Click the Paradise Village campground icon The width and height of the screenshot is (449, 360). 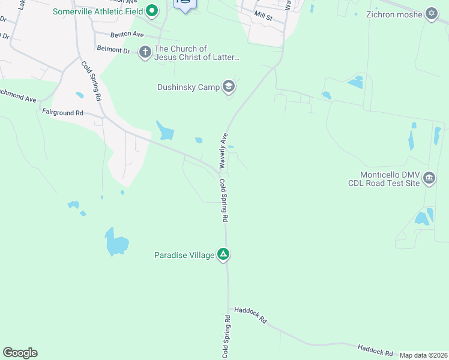(x=223, y=254)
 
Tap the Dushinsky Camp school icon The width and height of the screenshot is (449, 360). (x=228, y=87)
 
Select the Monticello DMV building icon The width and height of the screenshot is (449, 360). (x=429, y=177)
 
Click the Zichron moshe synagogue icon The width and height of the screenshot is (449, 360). (x=431, y=14)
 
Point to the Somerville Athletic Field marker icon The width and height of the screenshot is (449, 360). (x=152, y=10)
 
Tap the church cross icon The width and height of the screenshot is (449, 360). (x=145, y=52)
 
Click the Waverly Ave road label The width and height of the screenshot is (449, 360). (x=223, y=150)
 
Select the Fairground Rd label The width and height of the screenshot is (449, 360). (x=62, y=112)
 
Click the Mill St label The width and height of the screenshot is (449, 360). (x=264, y=16)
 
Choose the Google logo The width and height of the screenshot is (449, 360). (x=20, y=353)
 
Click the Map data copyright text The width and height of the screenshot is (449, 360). (x=423, y=355)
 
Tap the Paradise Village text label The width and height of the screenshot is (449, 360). (x=184, y=255)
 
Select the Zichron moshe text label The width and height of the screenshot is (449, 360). (x=396, y=14)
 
